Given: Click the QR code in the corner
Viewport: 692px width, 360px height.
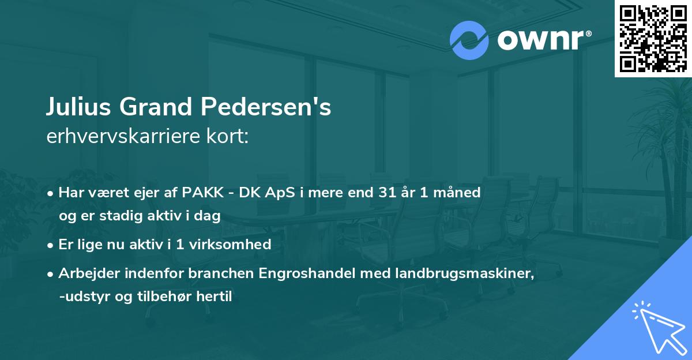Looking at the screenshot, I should click(653, 39).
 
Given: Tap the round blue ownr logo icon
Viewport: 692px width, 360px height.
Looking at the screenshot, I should click(469, 40).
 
